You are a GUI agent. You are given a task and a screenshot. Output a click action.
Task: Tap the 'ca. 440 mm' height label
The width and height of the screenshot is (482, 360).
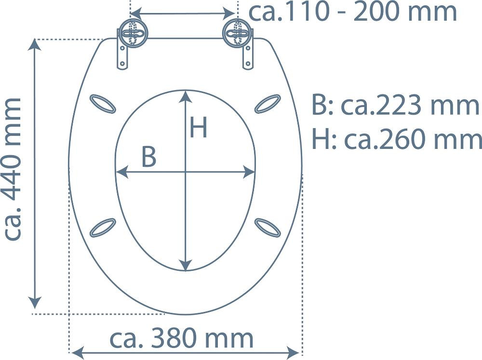[13, 169]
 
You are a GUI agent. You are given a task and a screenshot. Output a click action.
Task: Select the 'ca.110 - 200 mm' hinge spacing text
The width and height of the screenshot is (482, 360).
[353, 12]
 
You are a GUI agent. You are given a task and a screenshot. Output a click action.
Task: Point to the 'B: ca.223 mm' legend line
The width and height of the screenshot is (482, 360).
[395, 106]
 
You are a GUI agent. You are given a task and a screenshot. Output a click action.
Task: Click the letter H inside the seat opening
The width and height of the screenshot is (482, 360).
[198, 127]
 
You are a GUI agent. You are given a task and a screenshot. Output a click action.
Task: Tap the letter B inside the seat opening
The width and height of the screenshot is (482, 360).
[149, 157]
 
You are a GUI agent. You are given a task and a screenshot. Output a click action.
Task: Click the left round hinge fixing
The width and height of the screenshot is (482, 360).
[134, 33]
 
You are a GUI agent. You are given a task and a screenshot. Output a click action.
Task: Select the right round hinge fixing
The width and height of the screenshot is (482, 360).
[237, 33]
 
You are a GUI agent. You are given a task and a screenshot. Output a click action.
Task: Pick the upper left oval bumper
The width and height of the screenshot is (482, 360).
[103, 104]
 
